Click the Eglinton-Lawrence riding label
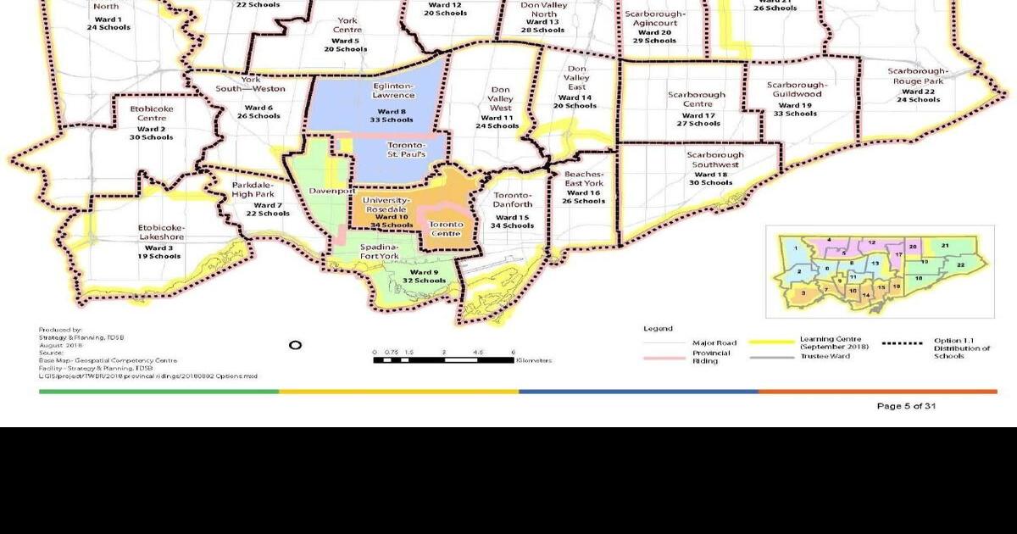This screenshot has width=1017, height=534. (392, 91)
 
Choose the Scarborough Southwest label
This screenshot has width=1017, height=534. (715, 160)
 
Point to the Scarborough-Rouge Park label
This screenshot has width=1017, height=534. (918, 76)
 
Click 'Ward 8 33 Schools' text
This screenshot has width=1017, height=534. (386, 114)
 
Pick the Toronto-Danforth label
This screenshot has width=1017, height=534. (513, 199)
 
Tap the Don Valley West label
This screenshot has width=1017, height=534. (501, 98)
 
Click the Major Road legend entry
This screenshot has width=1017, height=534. (714, 343)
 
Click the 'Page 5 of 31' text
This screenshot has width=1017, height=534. (906, 406)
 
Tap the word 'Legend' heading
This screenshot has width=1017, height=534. (658, 329)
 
